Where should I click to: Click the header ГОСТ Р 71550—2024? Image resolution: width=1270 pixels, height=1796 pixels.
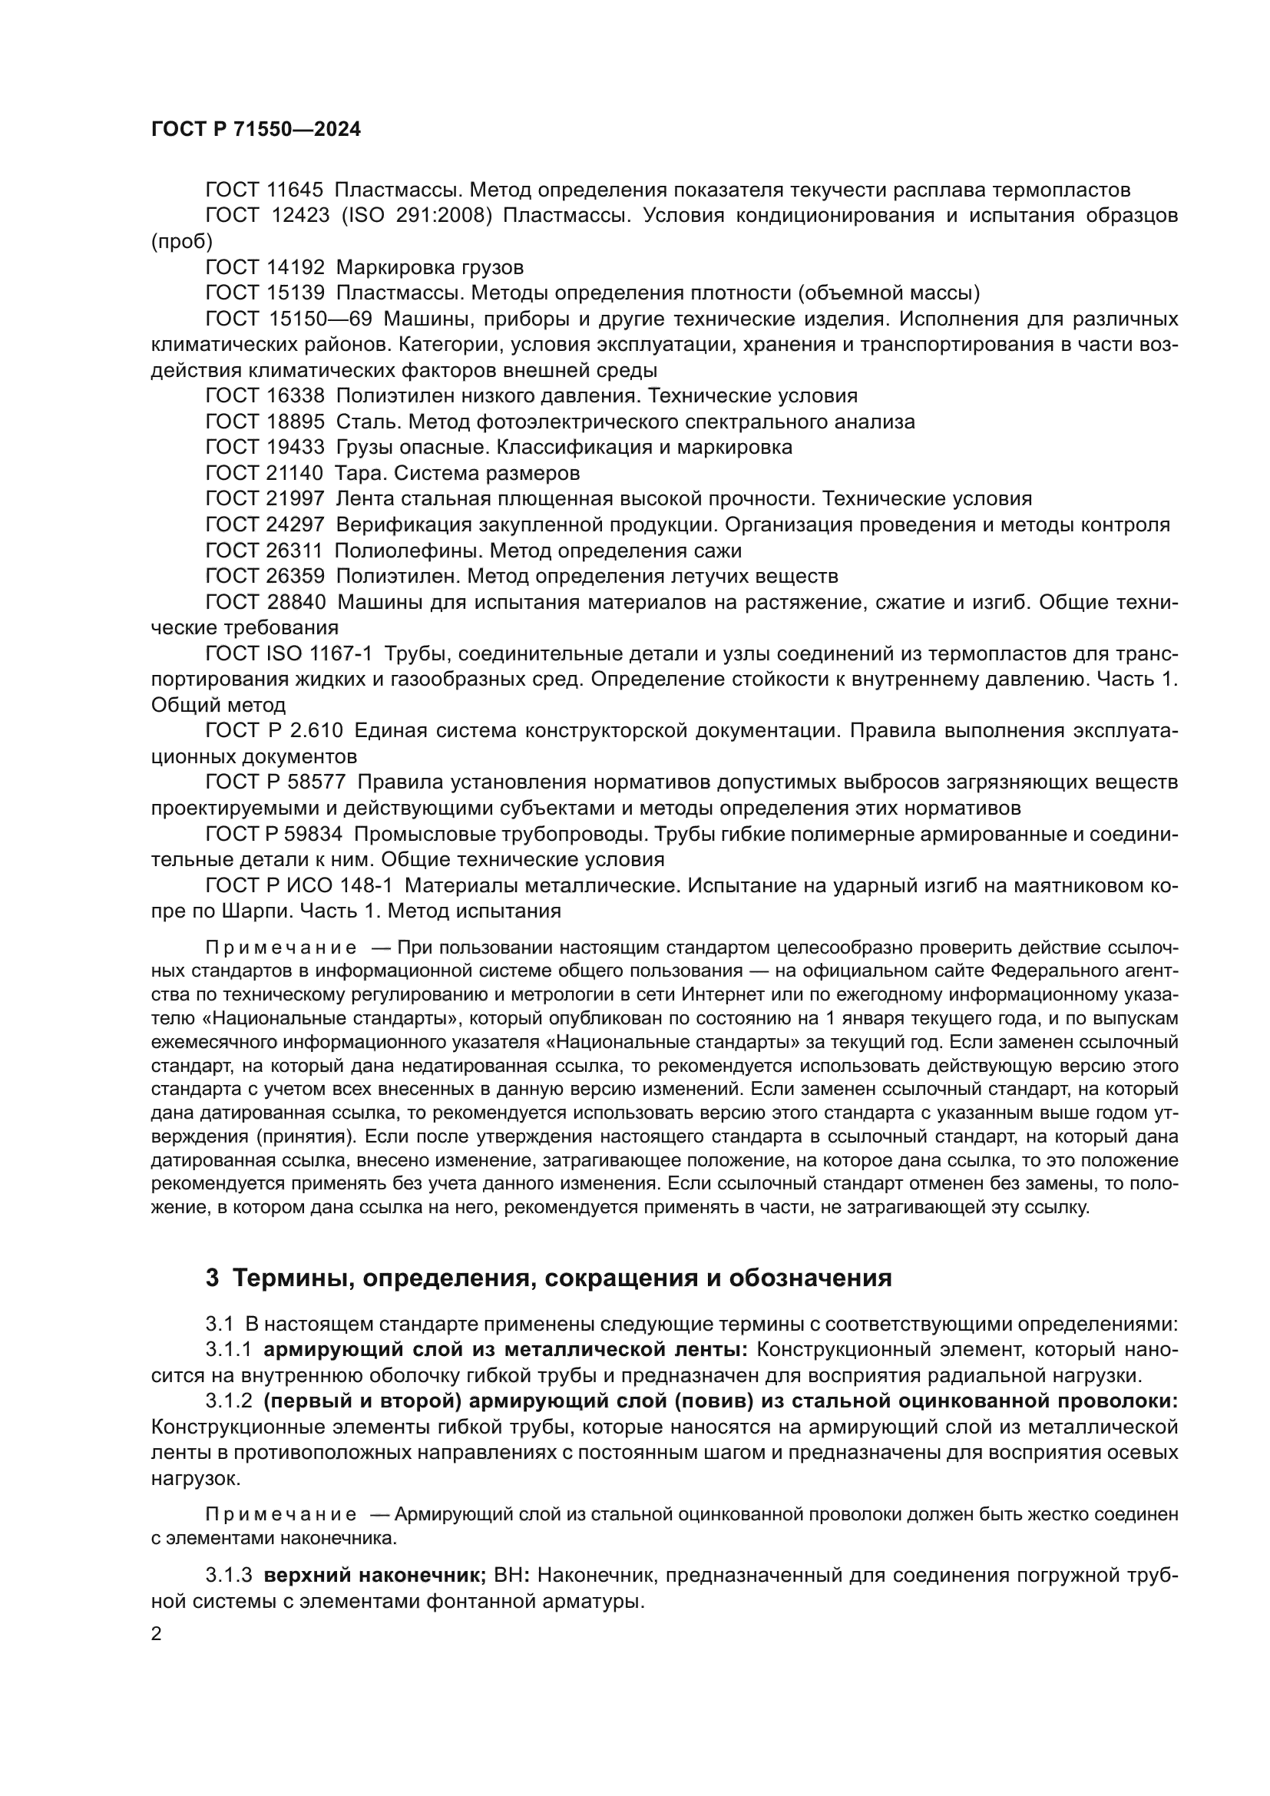[256, 130]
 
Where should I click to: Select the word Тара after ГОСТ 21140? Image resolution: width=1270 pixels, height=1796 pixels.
[362, 473]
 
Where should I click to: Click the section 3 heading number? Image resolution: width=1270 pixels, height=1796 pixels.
[212, 1278]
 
